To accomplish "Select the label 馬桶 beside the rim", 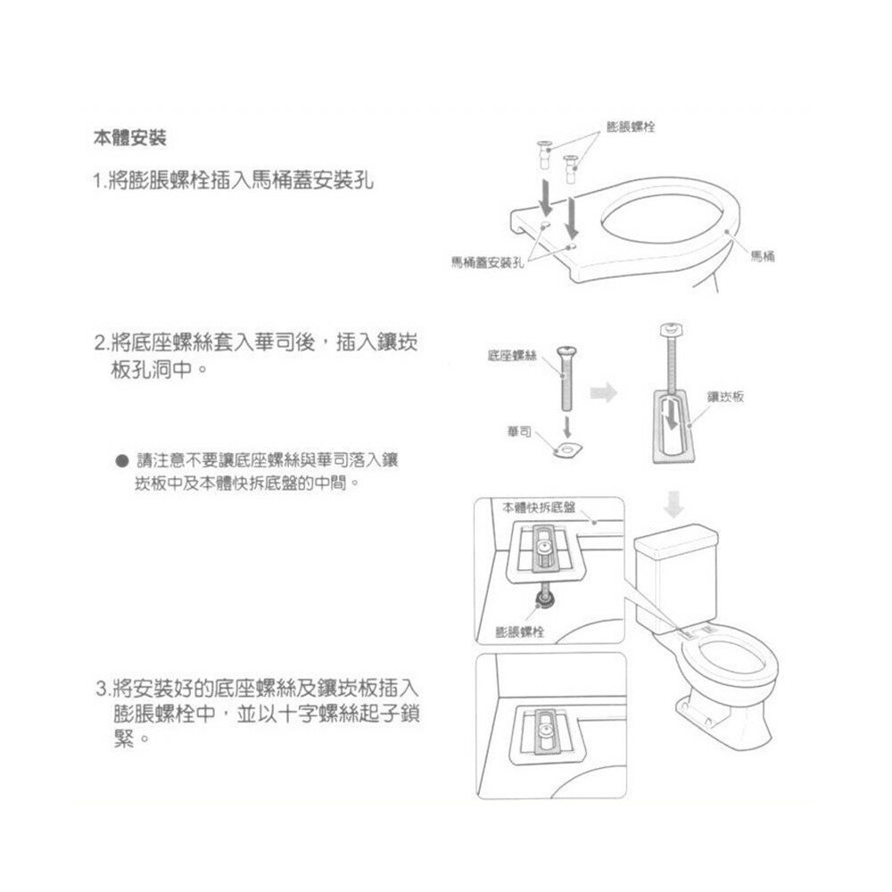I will coord(762,256).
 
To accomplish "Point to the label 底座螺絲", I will coord(512,356).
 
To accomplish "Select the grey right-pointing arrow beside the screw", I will coord(607,391).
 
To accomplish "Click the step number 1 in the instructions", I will coord(97,182).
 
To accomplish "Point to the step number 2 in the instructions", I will coord(99,343).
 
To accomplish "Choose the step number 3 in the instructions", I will coord(101,690).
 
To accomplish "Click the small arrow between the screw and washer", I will coord(567,424).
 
